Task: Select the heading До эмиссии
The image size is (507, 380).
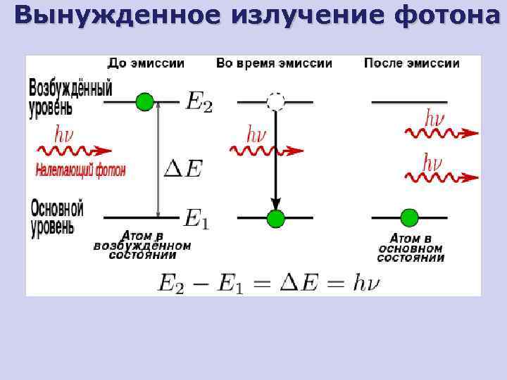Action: (x=146, y=63)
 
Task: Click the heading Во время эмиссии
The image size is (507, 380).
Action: (x=274, y=63)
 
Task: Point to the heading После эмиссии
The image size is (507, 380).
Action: (x=412, y=63)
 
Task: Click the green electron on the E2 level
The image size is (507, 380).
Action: (x=144, y=102)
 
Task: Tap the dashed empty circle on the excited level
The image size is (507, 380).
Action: (x=275, y=102)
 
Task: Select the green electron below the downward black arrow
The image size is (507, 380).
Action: (x=275, y=218)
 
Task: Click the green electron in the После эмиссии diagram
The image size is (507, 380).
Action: (x=408, y=217)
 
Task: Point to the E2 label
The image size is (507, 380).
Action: (x=199, y=103)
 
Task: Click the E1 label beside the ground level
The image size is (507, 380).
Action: (x=196, y=219)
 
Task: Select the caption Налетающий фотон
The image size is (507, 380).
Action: (x=80, y=169)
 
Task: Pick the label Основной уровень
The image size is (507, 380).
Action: (x=57, y=217)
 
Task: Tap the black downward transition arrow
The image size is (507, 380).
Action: (x=275, y=158)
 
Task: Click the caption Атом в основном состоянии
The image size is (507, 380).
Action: (x=411, y=248)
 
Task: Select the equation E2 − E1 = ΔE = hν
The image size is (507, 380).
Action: (x=268, y=284)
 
